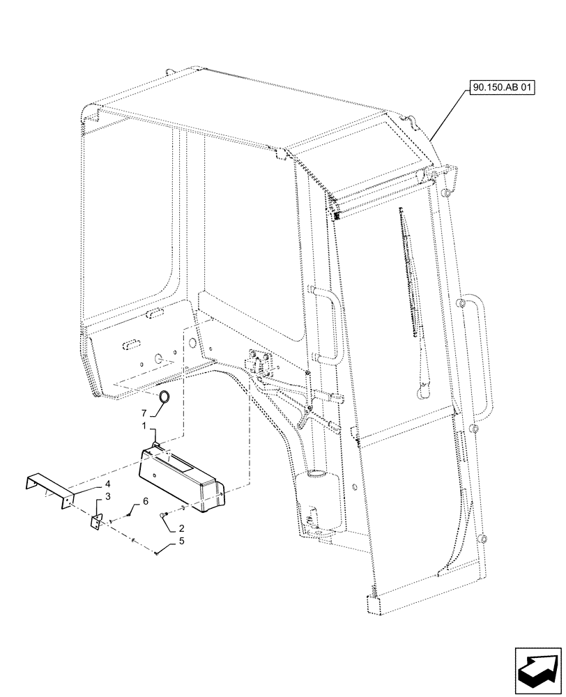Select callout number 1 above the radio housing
(144, 426)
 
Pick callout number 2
(181, 528)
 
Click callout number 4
(108, 483)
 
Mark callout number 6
(146, 501)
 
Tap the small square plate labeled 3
(97, 522)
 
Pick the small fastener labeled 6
(131, 516)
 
